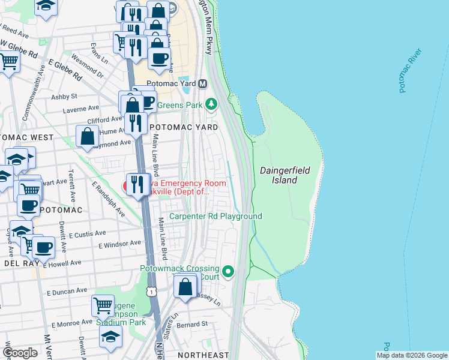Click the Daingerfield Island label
285,175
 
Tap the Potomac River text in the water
411,71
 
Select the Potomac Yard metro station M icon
203,84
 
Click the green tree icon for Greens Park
211,104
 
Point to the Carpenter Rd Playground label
215,216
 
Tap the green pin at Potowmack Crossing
228,272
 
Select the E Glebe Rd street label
65,70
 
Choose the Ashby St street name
64,96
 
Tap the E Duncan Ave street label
67,291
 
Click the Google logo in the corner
20,353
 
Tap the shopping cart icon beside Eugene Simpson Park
103,305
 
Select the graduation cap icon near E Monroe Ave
110,337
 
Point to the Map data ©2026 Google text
412,355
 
